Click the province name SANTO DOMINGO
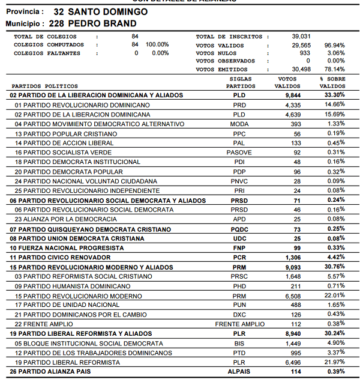coord(108,11)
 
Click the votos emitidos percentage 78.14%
coord(334,70)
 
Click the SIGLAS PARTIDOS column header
coord(240,82)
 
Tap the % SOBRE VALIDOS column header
coord(332,82)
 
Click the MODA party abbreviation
coord(239,124)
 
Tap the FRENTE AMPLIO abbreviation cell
coord(239,324)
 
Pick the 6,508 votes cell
coord(294,296)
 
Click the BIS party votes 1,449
coord(294,344)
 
